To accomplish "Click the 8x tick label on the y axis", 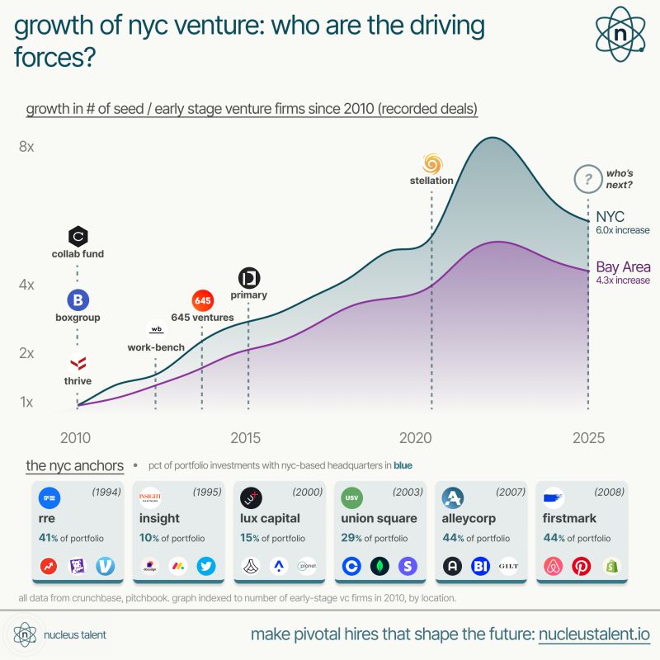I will pos(26,147).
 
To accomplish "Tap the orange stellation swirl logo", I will pos(432,162).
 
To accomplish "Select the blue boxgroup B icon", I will pos(78,299).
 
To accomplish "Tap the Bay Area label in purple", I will pos(623,267).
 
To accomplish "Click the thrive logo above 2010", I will pos(78,362).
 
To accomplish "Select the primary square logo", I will pos(248,277).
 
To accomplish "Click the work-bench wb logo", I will pos(156,329).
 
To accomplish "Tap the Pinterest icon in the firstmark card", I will pos(582,567).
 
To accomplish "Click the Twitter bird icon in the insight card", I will pos(206,567).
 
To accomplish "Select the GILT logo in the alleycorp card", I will pos(509,567).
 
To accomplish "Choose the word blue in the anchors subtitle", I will pos(403,465).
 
